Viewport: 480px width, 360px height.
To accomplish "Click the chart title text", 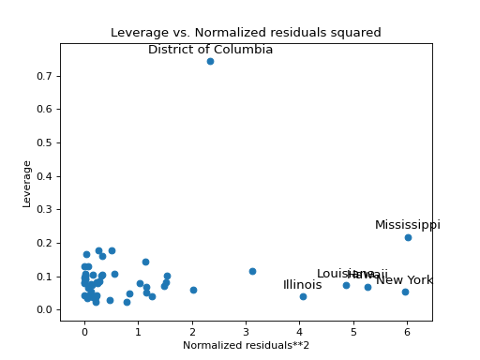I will tap(246, 33).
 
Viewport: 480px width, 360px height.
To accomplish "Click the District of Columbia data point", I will tap(210, 61).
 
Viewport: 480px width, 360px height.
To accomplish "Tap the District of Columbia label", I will tap(210, 50).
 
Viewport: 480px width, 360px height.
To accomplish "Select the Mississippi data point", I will tap(408, 237).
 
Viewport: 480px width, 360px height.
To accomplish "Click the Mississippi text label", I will tap(407, 225).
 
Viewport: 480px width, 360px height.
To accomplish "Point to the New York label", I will tap(404, 280).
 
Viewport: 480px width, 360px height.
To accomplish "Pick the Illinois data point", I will tap(303, 296).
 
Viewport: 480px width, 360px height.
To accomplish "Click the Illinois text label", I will tap(302, 285).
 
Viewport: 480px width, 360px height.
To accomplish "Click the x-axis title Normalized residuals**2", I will tap(246, 345).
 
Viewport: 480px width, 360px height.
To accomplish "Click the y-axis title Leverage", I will tap(27, 183).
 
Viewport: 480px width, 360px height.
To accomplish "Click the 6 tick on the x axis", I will tap(407, 331).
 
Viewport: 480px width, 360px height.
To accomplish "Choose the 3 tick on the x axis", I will tap(246, 331).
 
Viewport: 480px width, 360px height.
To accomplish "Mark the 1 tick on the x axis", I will tap(138, 331).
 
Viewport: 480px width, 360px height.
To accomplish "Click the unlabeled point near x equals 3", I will tap(252, 271).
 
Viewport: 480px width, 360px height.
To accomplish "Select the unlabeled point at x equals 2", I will tap(193, 290).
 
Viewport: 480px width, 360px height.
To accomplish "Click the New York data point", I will tap(405, 292).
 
